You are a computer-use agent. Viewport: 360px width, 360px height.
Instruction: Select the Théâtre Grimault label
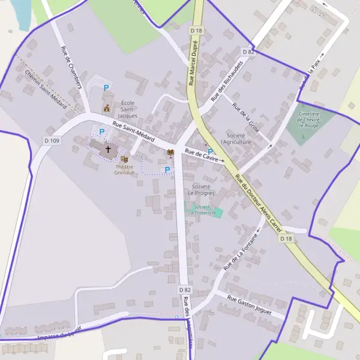point(125,169)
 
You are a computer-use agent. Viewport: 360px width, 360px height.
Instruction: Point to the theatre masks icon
point(125,159)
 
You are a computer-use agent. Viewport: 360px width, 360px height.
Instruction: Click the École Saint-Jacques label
point(128,109)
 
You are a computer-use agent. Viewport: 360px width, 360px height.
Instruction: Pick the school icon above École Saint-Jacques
point(107,108)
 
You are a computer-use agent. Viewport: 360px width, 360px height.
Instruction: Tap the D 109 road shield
point(52,140)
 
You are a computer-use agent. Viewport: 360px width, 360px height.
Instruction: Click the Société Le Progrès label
point(200,190)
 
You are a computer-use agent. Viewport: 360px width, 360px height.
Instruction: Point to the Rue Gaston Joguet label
point(249,304)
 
